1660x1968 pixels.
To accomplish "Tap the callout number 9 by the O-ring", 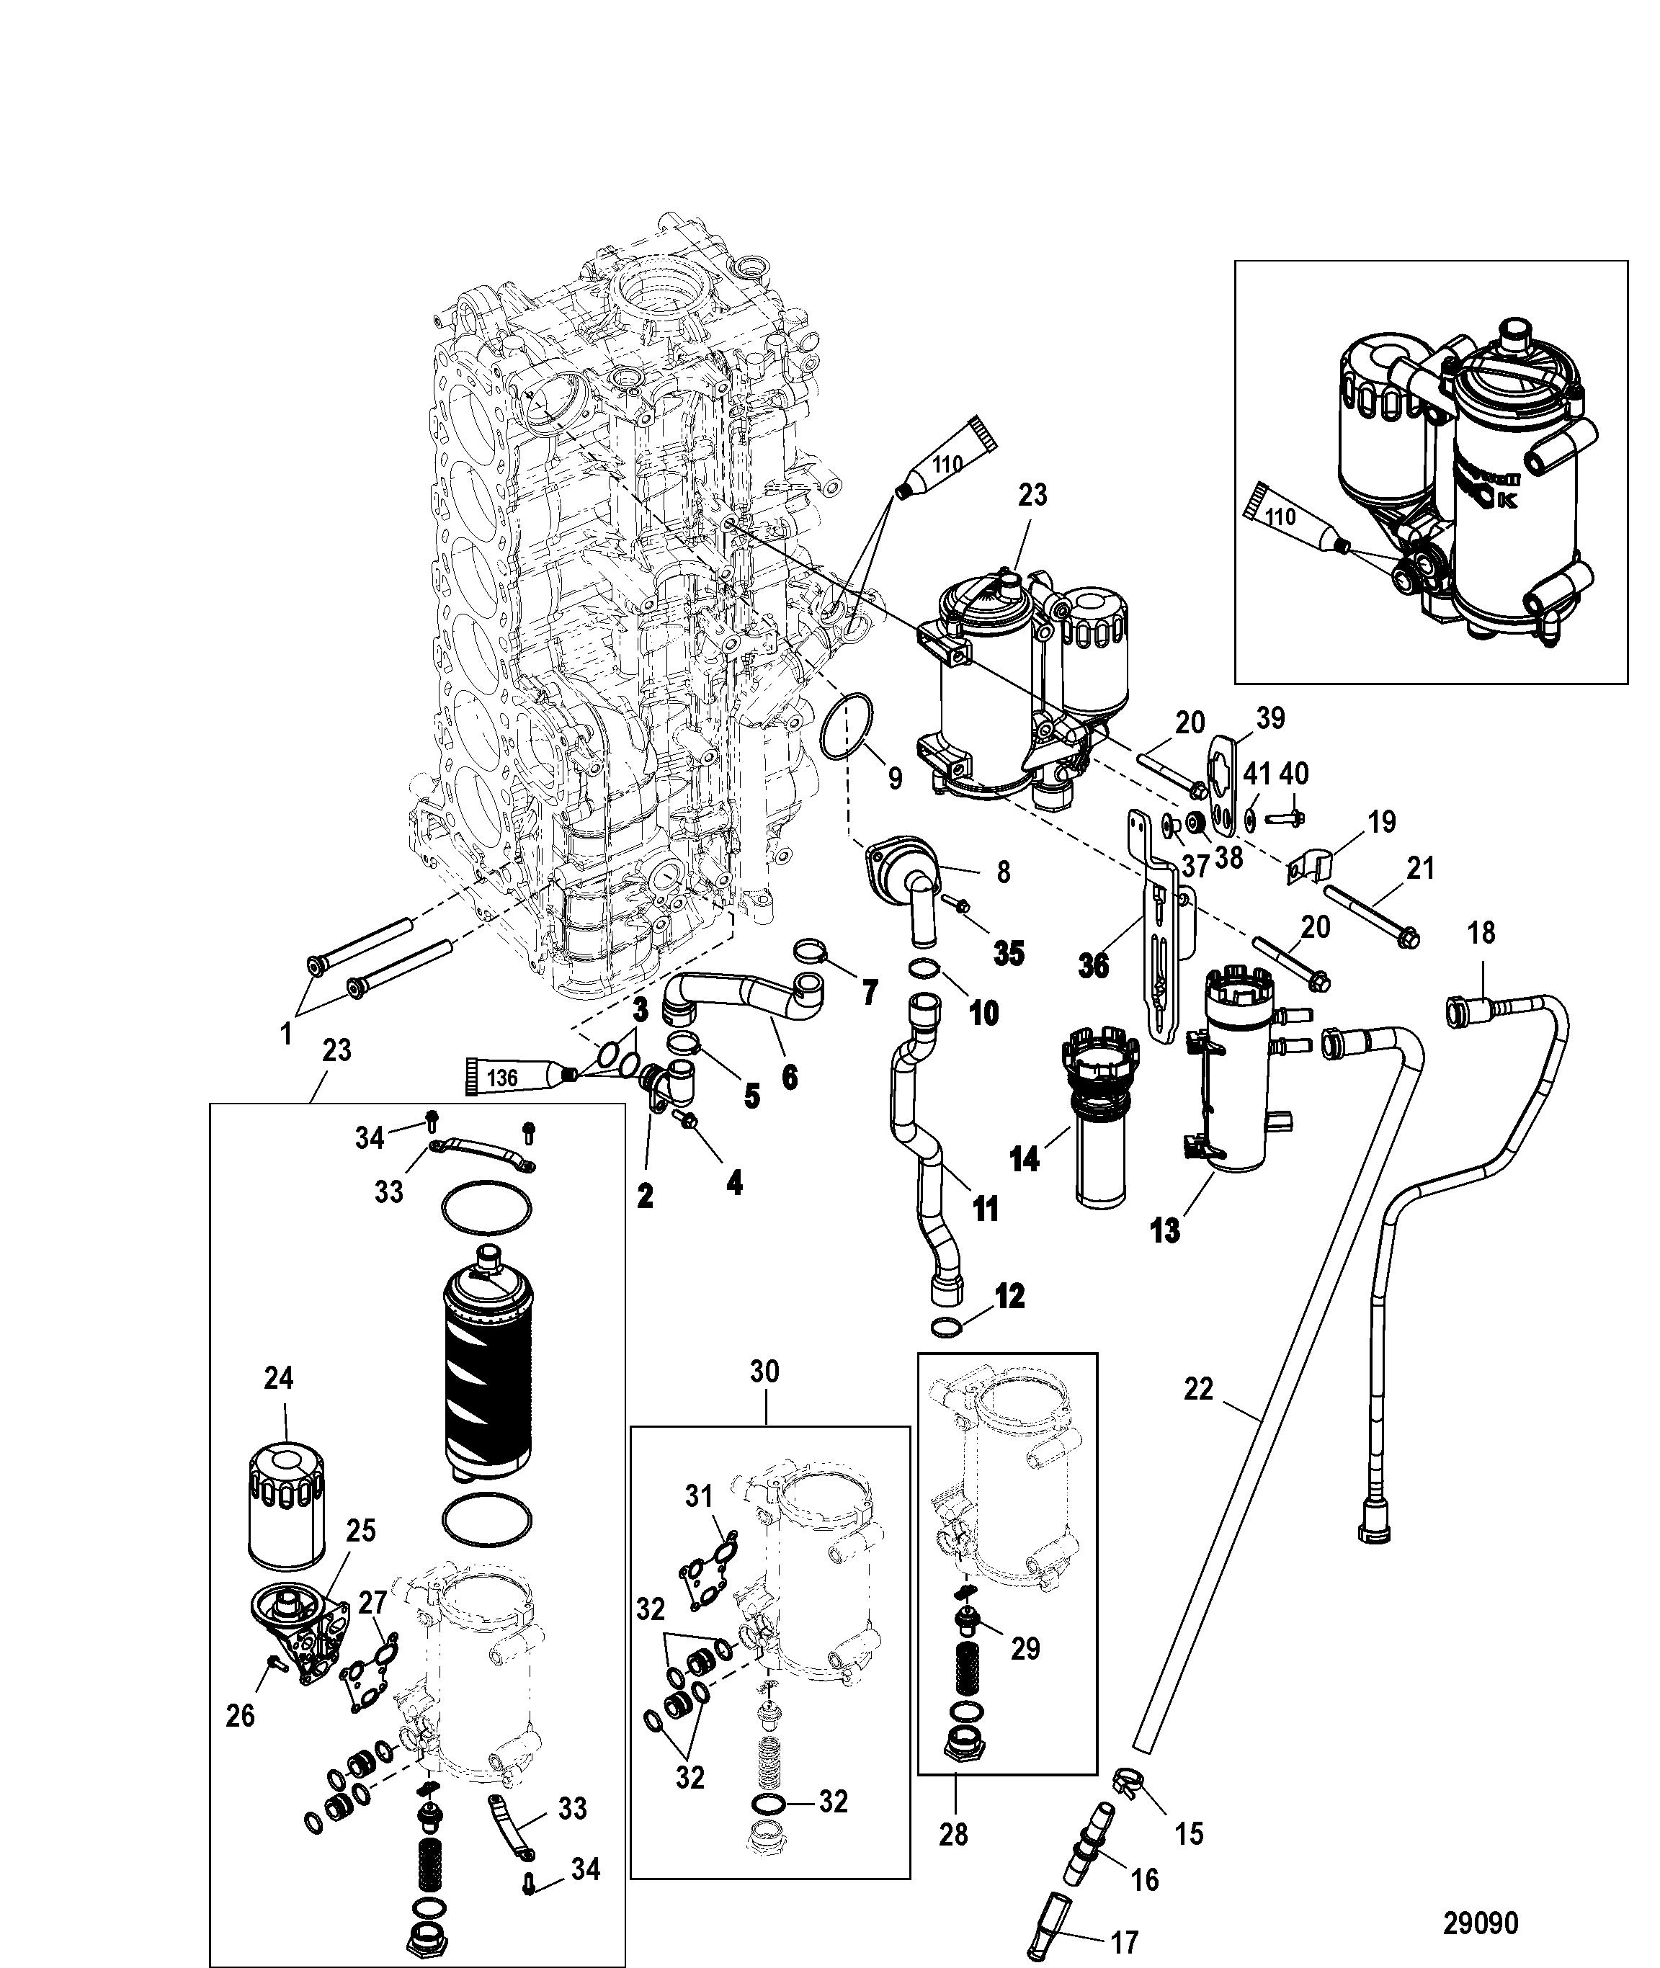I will [894, 778].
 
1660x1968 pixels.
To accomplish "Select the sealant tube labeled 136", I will [516, 1077].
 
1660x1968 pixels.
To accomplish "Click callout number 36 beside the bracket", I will [1094, 966].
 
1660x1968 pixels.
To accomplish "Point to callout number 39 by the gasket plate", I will [1270, 719].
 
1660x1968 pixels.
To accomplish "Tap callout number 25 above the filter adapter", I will [360, 1531].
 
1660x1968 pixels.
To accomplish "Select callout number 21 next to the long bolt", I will [1419, 867].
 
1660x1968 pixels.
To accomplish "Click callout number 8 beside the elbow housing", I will [1003, 872].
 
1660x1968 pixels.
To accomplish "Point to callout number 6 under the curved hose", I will [789, 1076].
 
